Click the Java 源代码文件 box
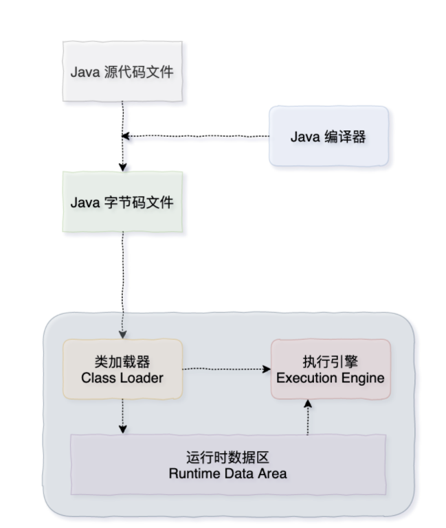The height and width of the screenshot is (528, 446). (122, 71)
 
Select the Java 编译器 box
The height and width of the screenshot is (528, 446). (328, 136)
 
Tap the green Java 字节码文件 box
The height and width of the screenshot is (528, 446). (122, 203)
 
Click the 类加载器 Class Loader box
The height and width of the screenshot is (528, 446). (122, 369)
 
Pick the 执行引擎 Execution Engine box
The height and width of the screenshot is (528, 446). (331, 369)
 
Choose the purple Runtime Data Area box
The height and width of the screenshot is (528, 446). (227, 465)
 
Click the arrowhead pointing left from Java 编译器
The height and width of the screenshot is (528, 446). (126, 136)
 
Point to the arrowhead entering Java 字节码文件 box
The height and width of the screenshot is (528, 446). (123, 167)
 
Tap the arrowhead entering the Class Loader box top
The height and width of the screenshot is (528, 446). (123, 334)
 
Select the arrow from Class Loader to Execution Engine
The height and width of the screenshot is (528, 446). (227, 369)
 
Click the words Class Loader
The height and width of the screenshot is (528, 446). (122, 378)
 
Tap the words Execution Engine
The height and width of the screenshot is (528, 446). (331, 378)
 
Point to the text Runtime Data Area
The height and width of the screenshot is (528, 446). (227, 473)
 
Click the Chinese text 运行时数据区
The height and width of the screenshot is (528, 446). (227, 457)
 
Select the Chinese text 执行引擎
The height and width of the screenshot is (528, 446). (331, 361)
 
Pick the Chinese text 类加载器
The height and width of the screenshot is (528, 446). (122, 361)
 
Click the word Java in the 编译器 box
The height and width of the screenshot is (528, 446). (304, 136)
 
